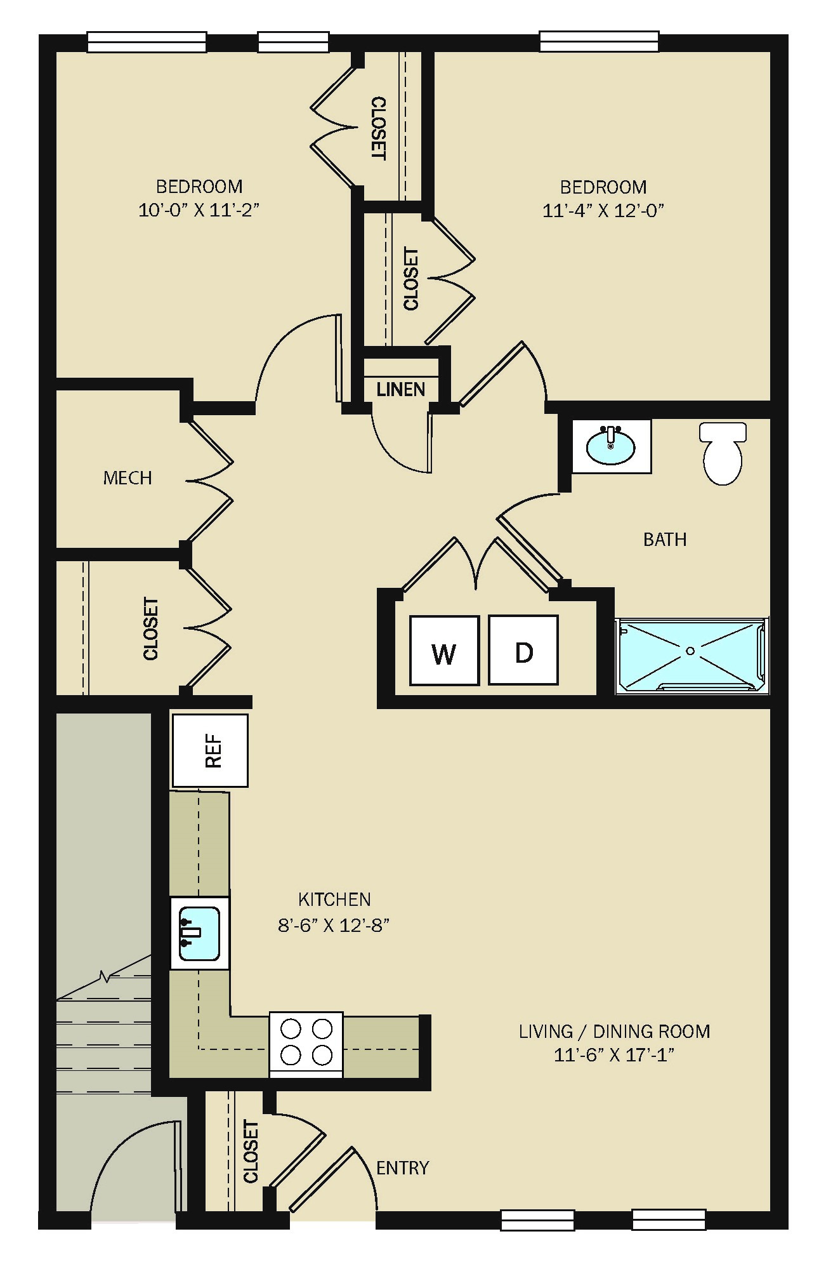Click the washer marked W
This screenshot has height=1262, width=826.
tap(444, 651)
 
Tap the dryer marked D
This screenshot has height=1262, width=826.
tap(523, 651)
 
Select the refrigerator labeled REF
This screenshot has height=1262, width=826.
tap(210, 751)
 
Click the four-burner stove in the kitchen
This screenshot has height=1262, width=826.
tap(306, 1044)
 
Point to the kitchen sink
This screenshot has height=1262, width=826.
tap(200, 933)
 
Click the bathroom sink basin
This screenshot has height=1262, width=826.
tap(611, 446)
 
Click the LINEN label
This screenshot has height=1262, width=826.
tap(401, 389)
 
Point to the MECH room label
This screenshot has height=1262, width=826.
tap(128, 477)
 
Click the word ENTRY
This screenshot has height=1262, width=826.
tap(403, 1167)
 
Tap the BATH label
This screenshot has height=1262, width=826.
tap(665, 539)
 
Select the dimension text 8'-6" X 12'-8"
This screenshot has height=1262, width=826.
tap(334, 925)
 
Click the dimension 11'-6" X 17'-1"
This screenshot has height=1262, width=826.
tap(614, 1054)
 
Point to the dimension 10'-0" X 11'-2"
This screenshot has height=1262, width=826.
tap(199, 209)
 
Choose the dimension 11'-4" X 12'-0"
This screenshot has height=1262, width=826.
tap(603, 210)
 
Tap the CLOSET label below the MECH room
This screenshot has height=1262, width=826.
tap(151, 628)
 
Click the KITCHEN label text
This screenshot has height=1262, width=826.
tap(334, 900)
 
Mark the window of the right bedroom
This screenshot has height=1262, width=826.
tap(599, 42)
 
